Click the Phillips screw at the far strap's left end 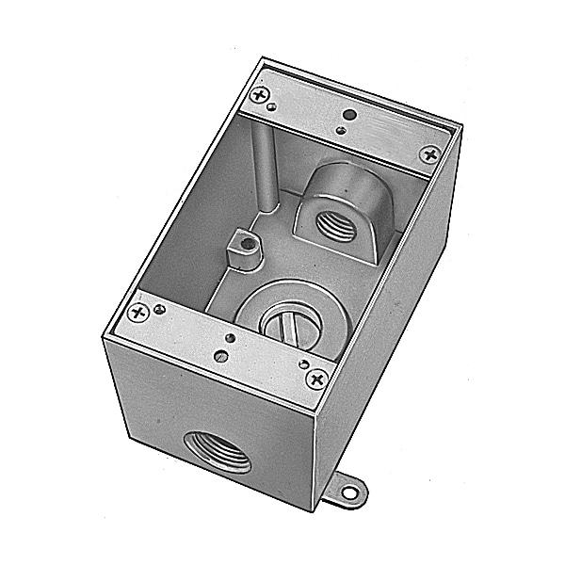click(x=261, y=94)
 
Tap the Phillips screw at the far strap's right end click(x=429, y=153)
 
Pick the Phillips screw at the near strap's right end click(x=315, y=379)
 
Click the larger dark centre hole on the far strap click(x=350, y=115)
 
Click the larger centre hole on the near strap click(x=228, y=336)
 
